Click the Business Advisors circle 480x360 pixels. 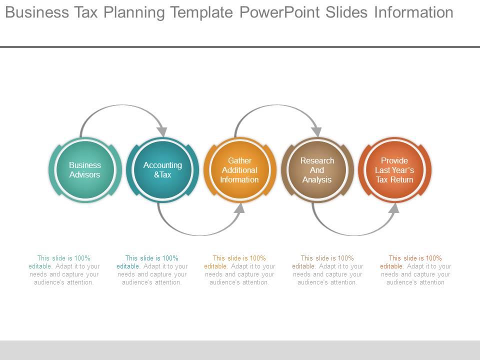pos(85,170)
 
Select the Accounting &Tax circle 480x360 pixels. pos(162,170)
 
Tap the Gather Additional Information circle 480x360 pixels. pos(239,170)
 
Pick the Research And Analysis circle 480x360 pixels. pos(317,170)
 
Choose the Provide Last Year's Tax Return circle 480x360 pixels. pos(394,170)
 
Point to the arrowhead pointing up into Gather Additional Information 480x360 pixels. pos(239,208)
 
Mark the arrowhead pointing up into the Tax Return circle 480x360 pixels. pos(394,208)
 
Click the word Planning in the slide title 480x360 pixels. pos(134,12)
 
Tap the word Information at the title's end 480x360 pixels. pos(413,12)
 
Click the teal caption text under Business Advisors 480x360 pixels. pos(64,270)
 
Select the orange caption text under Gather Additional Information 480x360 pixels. pos(239,270)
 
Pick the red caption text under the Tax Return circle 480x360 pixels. pos(415,270)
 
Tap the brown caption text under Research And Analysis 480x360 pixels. pos(327,270)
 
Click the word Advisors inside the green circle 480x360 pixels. pos(85,175)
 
